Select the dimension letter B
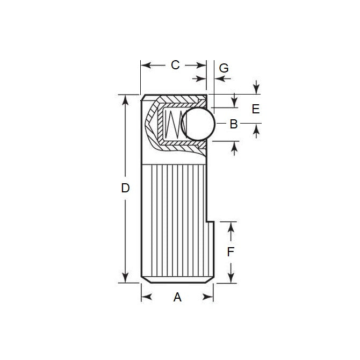[x=233, y=124]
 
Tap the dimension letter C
[x=175, y=65]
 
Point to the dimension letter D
[x=125, y=189]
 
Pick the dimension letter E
[x=255, y=109]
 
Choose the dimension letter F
[x=231, y=252]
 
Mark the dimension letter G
[x=224, y=68]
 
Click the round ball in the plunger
[x=198, y=124]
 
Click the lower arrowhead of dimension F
[x=231, y=278]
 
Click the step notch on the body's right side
[x=210, y=221]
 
